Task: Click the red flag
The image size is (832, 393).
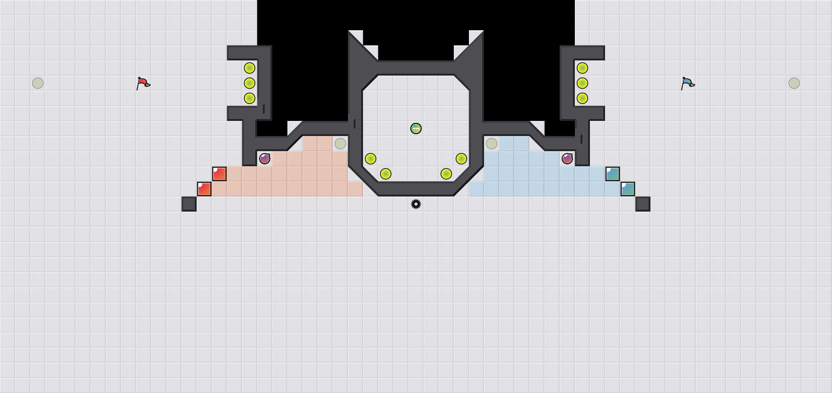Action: pyautogui.click(x=143, y=83)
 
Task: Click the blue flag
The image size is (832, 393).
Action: pyautogui.click(x=688, y=83)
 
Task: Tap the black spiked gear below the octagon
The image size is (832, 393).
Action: pyautogui.click(x=416, y=204)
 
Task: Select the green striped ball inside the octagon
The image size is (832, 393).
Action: pyautogui.click(x=416, y=128)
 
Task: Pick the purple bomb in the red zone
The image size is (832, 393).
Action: pyautogui.click(x=265, y=159)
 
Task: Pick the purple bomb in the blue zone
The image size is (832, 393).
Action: pyautogui.click(x=567, y=159)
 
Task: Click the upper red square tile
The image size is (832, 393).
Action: pyautogui.click(x=219, y=174)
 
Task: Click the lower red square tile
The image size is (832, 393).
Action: pyautogui.click(x=204, y=189)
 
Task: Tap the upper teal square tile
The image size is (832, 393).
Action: pyautogui.click(x=613, y=174)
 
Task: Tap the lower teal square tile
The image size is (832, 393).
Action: pyautogui.click(x=628, y=189)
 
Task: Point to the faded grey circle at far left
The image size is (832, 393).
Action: pyautogui.click(x=38, y=83)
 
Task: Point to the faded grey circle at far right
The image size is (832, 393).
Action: pyautogui.click(x=794, y=83)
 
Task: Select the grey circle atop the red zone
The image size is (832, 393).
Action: pyautogui.click(x=340, y=144)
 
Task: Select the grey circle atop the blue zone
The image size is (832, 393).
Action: pyautogui.click(x=492, y=144)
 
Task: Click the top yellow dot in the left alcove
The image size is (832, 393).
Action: pyautogui.click(x=250, y=68)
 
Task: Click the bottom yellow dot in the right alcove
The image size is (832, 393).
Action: pyautogui.click(x=582, y=98)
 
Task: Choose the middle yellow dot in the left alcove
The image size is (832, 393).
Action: pyautogui.click(x=250, y=83)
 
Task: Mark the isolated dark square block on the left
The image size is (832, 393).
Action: pyautogui.click(x=189, y=204)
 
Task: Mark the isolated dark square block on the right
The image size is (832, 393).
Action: pyautogui.click(x=643, y=204)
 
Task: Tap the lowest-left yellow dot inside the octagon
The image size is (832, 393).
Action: pyautogui.click(x=386, y=174)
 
